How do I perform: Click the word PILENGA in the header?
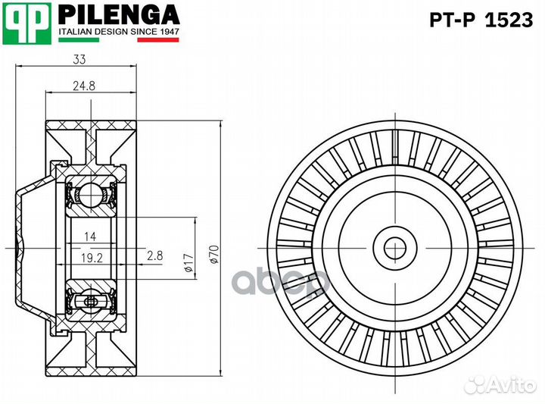click(x=119, y=14)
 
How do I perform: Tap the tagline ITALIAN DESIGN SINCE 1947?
click(x=119, y=31)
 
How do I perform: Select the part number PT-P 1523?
click(x=481, y=20)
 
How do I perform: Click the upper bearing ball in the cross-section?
click(x=90, y=194)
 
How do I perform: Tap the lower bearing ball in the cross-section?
click(x=90, y=302)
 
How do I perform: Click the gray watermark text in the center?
click(x=280, y=282)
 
